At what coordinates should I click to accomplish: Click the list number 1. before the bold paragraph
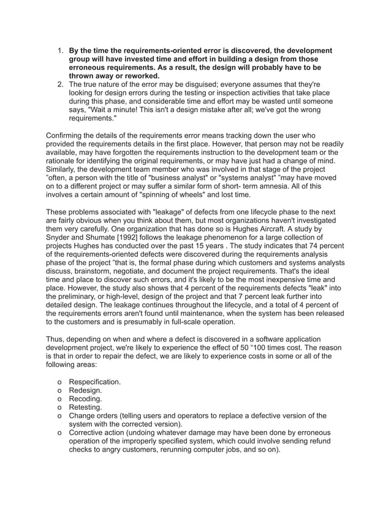61,50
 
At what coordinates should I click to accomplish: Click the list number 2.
61,84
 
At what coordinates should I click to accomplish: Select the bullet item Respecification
94,382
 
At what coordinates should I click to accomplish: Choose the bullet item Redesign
86,390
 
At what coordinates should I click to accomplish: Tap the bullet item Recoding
86,399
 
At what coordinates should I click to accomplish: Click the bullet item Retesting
86,407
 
